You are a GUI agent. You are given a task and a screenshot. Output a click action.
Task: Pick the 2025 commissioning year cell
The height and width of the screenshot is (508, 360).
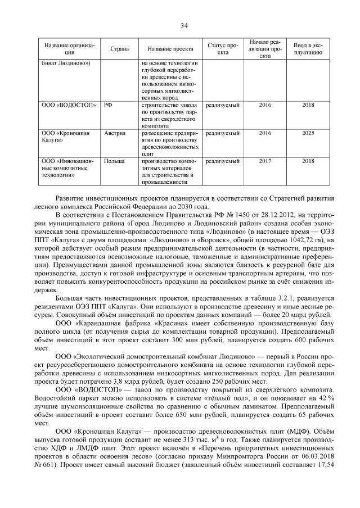pyautogui.click(x=308, y=134)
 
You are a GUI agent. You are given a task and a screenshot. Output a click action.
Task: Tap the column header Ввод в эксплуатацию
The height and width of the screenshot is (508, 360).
pyautogui.click(x=308, y=49)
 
